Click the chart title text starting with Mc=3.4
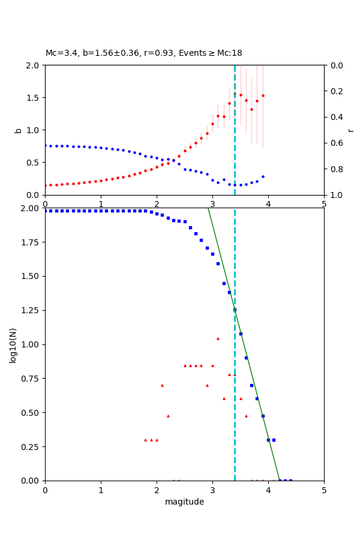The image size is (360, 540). [144, 53]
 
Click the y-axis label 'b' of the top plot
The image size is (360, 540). [18, 130]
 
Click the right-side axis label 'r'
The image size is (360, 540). [350, 130]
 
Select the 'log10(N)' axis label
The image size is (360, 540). [13, 344]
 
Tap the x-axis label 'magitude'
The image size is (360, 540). [184, 502]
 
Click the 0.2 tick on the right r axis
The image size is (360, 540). [333, 91]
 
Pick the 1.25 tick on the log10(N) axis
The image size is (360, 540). [31, 310]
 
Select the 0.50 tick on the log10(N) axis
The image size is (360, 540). [31, 413]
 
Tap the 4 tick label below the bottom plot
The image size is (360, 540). [268, 491]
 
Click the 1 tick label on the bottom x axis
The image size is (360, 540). [101, 491]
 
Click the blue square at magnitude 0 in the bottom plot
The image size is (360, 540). [45, 211]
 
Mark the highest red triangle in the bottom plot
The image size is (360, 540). [218, 338]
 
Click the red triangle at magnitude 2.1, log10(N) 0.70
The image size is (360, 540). [162, 385]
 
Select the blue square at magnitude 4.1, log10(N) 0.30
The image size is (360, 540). [274, 440]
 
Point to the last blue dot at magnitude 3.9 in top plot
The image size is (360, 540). [263, 176]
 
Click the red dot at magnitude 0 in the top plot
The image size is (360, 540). [45, 185]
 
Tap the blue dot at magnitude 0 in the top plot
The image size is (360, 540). [45, 145]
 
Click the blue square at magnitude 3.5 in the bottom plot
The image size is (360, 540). [241, 334]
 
